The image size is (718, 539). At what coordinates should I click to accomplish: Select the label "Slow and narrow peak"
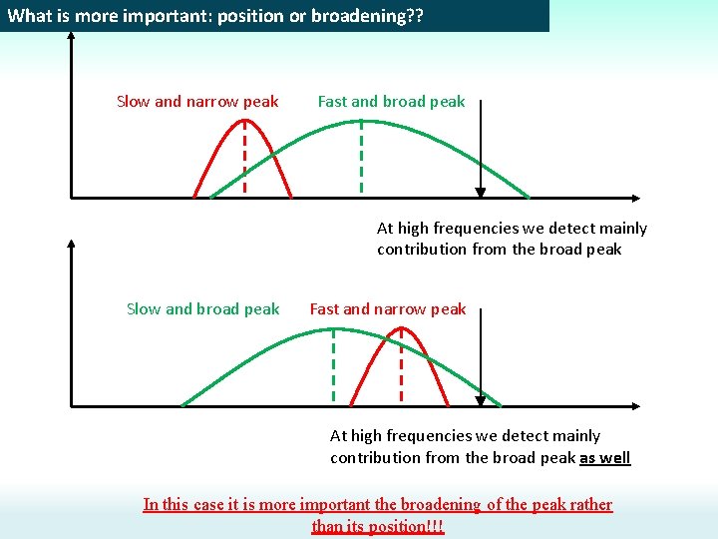tap(197, 101)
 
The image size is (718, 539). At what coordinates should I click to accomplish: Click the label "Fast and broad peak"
tap(391, 101)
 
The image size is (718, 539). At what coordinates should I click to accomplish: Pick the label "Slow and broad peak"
tap(202, 308)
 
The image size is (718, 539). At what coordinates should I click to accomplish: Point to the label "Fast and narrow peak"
tap(387, 308)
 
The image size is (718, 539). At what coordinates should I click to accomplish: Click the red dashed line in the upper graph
tap(245, 160)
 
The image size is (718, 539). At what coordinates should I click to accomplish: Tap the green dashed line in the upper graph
tap(361, 160)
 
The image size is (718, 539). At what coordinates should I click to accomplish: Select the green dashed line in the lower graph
tap(333, 367)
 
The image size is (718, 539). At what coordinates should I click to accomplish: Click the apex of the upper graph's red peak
tap(245, 121)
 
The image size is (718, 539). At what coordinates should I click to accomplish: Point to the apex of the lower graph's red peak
tap(401, 329)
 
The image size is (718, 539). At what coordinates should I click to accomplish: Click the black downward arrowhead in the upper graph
tap(481, 194)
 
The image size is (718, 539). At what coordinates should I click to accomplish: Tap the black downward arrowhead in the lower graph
tap(481, 401)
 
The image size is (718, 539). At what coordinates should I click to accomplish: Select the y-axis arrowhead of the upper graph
tap(71, 35)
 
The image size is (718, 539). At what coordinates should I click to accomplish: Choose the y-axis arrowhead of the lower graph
tap(71, 243)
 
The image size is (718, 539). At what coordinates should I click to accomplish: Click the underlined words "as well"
tap(604, 457)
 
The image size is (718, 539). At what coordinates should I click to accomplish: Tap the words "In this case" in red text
tap(182, 504)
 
